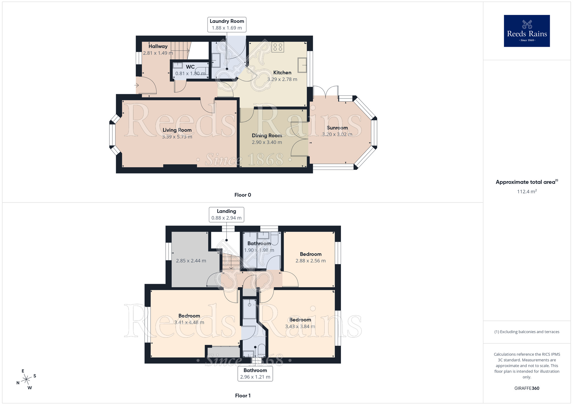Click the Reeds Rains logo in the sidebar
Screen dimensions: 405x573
point(527,31)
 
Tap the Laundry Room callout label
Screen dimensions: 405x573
point(227,24)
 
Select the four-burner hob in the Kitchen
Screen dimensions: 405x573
point(278,47)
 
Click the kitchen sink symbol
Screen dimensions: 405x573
point(302,65)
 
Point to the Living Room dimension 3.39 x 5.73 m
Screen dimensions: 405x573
point(177,137)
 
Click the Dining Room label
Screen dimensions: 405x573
point(267,135)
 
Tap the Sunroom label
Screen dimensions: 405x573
point(337,128)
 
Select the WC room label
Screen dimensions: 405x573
point(190,67)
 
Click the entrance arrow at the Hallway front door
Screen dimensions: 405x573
point(137,85)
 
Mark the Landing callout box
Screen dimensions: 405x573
point(226,215)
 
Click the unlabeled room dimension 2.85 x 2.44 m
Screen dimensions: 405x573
point(191,261)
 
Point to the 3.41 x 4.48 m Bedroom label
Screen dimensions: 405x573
point(189,316)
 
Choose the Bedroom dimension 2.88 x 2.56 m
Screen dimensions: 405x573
point(311,261)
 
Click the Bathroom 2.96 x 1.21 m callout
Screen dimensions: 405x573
point(255,373)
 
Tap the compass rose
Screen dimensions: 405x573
point(26,380)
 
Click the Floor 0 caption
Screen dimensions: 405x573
point(243,195)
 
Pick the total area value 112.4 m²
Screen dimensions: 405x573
point(527,192)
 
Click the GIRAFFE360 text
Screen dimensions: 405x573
point(527,388)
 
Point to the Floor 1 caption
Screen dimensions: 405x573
point(243,396)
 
